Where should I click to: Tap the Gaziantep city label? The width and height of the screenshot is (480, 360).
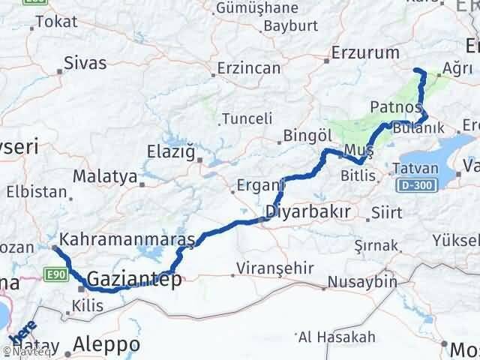click(x=135, y=280)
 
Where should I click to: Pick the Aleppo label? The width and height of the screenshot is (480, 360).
click(x=107, y=344)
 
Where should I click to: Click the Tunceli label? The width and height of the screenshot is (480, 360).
click(x=244, y=119)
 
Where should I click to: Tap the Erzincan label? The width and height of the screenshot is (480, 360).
click(x=248, y=68)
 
